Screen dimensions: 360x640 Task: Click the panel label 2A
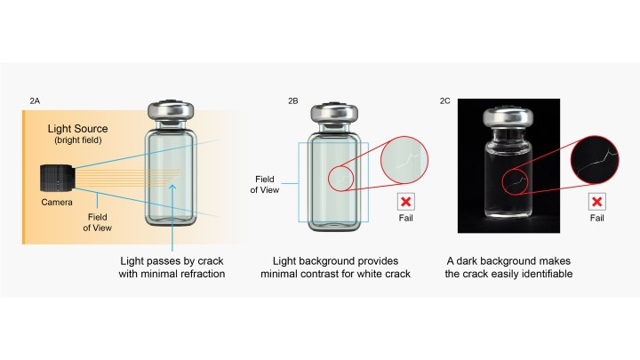[x=35, y=102]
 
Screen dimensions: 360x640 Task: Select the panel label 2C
[x=445, y=102]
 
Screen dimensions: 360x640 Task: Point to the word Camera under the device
[x=55, y=202]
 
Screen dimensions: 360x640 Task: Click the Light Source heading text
[x=77, y=130]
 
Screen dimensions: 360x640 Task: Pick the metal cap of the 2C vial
[x=508, y=116]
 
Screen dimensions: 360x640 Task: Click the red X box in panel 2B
[x=406, y=202]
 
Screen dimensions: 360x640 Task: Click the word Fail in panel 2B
[x=406, y=219]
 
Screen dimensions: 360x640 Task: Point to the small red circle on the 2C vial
[x=516, y=181]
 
